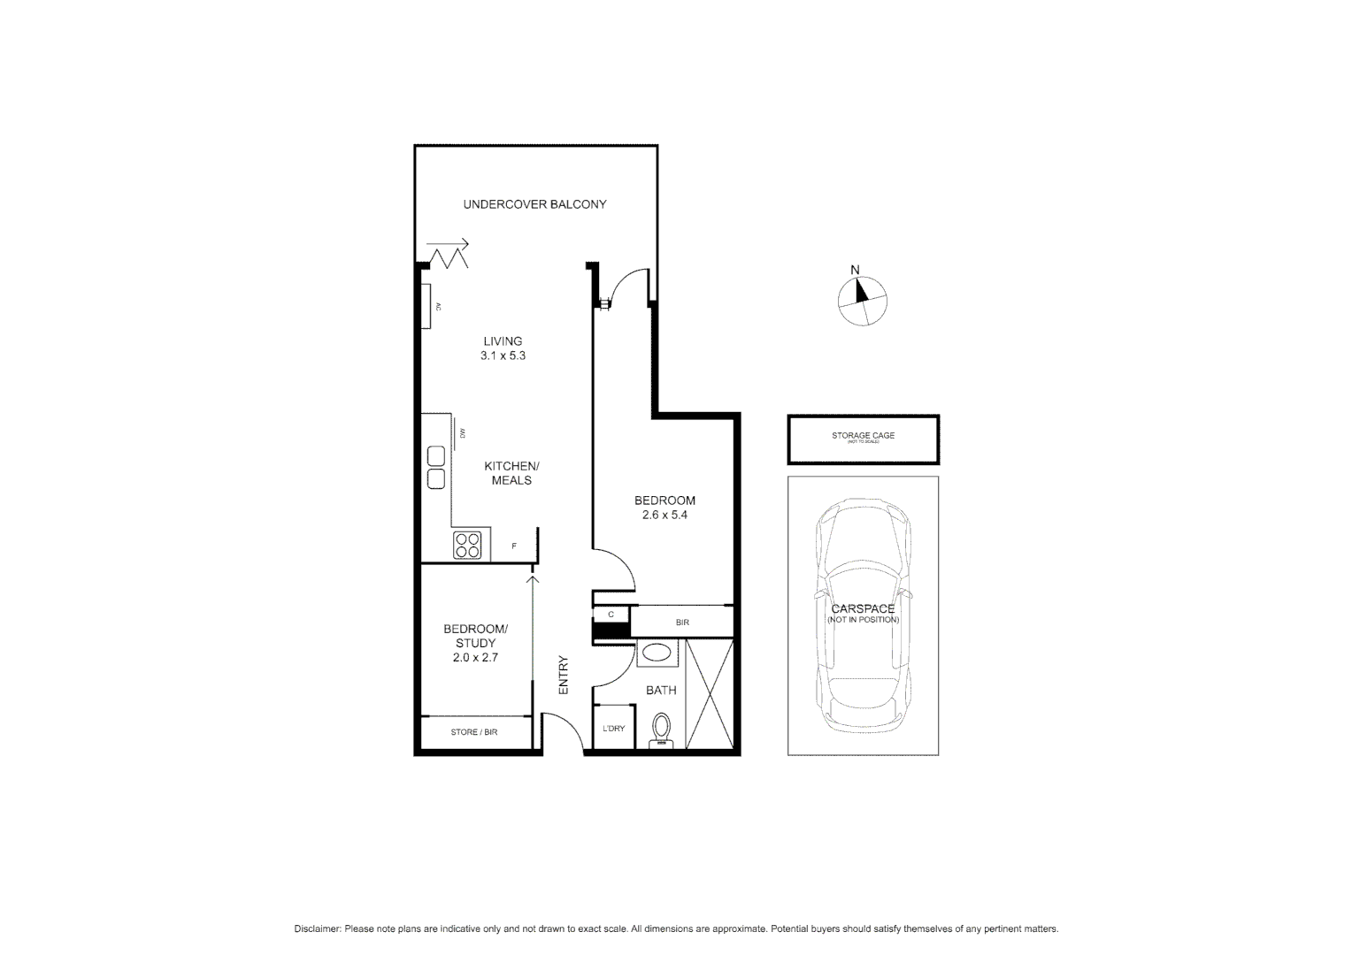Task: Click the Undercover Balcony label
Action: (534, 204)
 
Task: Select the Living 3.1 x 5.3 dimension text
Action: (503, 355)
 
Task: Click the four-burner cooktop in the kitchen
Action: (467, 546)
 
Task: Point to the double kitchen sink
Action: (436, 468)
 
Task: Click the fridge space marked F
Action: (514, 546)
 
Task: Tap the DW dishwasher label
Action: (462, 432)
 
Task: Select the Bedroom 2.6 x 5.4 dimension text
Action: (664, 515)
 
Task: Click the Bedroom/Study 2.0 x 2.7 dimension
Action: (476, 657)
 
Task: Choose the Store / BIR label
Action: (474, 732)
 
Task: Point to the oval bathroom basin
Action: (657, 653)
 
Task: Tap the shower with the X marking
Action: (710, 694)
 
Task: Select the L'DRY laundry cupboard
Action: (613, 729)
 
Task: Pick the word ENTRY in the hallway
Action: (563, 674)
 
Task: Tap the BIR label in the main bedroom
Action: (682, 623)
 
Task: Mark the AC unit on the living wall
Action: (426, 306)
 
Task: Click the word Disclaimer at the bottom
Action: (317, 929)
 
